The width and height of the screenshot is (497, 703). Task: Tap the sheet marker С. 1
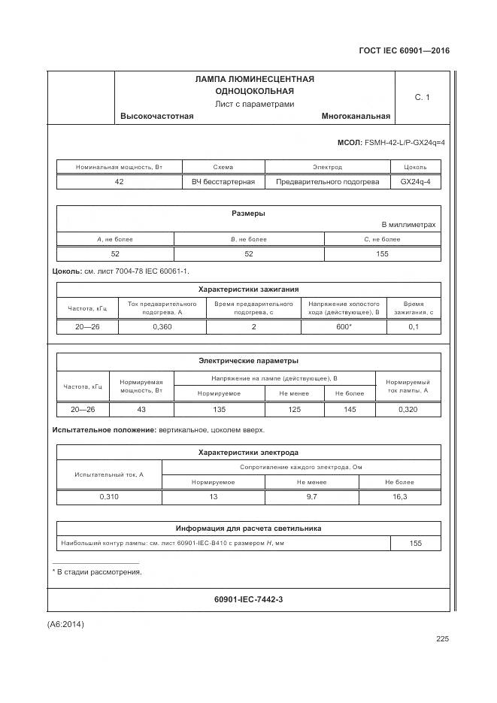point(422,97)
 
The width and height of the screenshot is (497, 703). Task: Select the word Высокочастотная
point(157,116)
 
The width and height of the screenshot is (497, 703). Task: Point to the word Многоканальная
point(356,116)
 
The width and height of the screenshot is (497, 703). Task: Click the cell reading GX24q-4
point(415,181)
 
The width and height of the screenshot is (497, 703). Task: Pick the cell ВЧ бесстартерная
point(223,181)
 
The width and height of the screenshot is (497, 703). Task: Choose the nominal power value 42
point(119,181)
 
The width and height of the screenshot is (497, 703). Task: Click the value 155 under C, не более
point(382,253)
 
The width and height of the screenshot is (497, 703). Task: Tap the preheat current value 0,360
point(162,326)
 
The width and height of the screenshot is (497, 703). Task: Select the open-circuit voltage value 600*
point(344,326)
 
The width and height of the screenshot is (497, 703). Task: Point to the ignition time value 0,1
point(414,326)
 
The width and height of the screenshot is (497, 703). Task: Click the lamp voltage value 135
point(219,409)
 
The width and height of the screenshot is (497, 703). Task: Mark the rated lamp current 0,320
point(408,409)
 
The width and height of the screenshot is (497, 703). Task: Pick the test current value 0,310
point(109,497)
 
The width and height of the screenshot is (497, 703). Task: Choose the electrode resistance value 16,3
point(400,497)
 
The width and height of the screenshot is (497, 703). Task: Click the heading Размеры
point(248,214)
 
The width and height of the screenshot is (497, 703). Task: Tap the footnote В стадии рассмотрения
point(99,572)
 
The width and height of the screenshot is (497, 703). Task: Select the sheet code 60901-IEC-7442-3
point(248,599)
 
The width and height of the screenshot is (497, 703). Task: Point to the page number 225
point(441,639)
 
